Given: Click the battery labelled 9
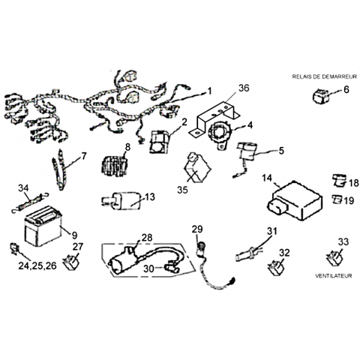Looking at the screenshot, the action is [x=43, y=226].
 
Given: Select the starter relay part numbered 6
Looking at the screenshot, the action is [x=321, y=96].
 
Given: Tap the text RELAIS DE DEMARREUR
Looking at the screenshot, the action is [x=324, y=76].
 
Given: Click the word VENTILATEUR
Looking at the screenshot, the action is [x=333, y=276].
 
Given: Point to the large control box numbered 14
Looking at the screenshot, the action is [x=295, y=201].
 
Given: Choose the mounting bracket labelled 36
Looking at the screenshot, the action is [x=214, y=118].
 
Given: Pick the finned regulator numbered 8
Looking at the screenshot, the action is [x=115, y=166].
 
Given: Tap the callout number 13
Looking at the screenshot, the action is [x=150, y=196].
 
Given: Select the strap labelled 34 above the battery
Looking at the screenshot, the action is [x=30, y=202].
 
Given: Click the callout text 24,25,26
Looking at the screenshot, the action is [x=37, y=265].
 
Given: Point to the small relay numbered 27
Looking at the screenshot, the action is [x=71, y=262].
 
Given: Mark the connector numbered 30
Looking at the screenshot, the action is [x=172, y=268].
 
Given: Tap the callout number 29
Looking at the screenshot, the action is [x=197, y=229].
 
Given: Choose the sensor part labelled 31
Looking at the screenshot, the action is [x=248, y=253].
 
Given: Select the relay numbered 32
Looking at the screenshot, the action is [x=276, y=268].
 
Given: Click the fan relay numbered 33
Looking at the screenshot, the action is [x=334, y=257].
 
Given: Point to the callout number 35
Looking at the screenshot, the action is [x=182, y=190].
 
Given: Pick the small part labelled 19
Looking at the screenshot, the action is [x=337, y=199].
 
